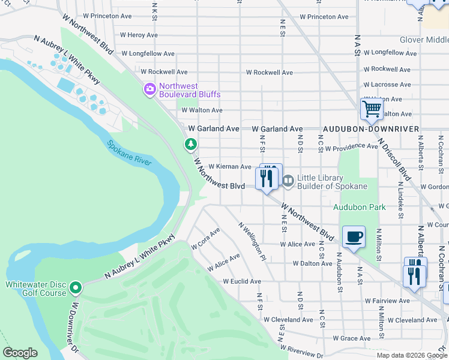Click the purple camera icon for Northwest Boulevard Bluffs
point(149,90)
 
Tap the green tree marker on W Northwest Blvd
point(191,144)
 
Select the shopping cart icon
point(372,109)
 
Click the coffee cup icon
point(354,236)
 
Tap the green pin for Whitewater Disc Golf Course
point(76,289)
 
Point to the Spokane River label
point(130,153)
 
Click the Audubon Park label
point(360,207)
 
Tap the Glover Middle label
point(424,40)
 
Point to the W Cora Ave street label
point(206,238)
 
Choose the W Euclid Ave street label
point(242,281)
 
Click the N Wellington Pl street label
point(252,242)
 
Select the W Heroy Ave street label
point(139,35)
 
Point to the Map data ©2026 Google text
point(412,355)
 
